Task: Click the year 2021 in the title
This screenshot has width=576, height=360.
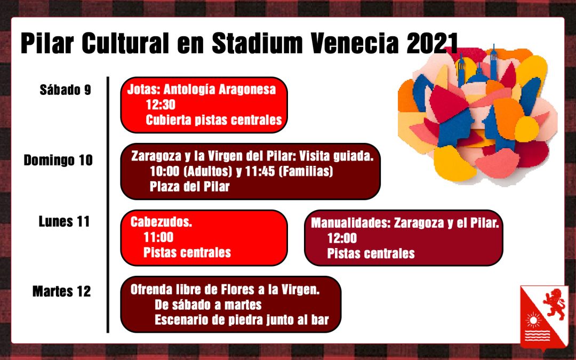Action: click(433, 43)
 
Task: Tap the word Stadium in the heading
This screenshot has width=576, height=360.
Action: click(257, 43)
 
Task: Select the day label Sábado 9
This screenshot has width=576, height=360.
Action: click(66, 90)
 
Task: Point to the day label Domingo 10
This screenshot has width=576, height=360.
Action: click(58, 161)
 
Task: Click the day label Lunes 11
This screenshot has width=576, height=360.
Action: click(65, 221)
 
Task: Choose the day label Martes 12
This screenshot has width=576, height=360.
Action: click(62, 291)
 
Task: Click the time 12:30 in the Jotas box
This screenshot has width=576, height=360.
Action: click(161, 105)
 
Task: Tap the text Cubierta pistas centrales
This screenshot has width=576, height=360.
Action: click(214, 120)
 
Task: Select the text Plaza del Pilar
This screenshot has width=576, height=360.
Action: click(189, 187)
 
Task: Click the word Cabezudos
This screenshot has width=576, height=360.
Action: click(161, 222)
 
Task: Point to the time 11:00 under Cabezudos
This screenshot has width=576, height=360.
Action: click(158, 237)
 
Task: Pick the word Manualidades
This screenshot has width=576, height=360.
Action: click(350, 223)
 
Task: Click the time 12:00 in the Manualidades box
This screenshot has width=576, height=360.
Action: click(342, 238)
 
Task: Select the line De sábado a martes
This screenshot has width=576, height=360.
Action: click(208, 305)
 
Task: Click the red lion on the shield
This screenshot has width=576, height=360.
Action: click(556, 303)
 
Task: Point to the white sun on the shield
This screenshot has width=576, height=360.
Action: click(533, 321)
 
